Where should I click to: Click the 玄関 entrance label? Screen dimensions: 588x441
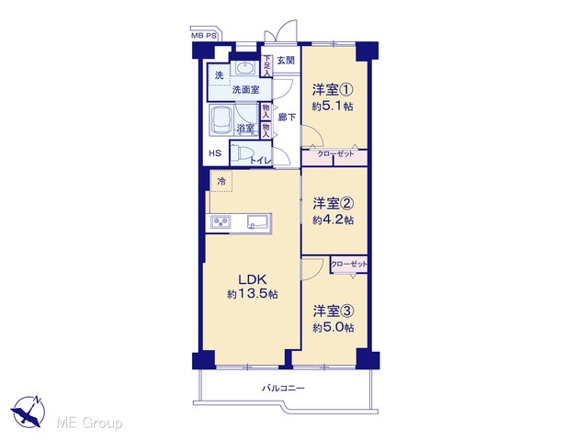pyautogui.click(x=286, y=61)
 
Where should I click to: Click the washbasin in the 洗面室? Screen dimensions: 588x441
pyautogui.click(x=245, y=68)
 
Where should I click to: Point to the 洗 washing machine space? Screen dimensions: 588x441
pyautogui.click(x=220, y=75)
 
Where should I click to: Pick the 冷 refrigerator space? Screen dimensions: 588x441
pyautogui.click(x=221, y=181)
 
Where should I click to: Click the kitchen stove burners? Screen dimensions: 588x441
pyautogui.click(x=221, y=222)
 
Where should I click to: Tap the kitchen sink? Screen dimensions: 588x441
pyautogui.click(x=259, y=221)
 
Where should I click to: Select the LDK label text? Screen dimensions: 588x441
pyautogui.click(x=253, y=279)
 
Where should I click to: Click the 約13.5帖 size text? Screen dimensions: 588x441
pyautogui.click(x=253, y=294)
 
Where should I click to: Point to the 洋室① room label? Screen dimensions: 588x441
pyautogui.click(x=333, y=90)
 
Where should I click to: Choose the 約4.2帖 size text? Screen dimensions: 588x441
pyautogui.click(x=333, y=220)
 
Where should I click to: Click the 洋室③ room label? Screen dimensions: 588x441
pyautogui.click(x=334, y=311)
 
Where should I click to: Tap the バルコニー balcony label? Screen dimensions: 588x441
pyautogui.click(x=283, y=388)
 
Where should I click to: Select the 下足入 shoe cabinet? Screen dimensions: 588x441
pyautogui.click(x=266, y=66)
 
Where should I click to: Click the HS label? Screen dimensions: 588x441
pyautogui.click(x=215, y=153)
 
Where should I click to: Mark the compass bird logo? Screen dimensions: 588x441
pyautogui.click(x=28, y=412)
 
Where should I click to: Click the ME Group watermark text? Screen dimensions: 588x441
pyautogui.click(x=89, y=424)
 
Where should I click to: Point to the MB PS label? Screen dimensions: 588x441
pyautogui.click(x=204, y=36)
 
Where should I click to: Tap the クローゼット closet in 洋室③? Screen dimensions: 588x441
pyautogui.click(x=349, y=265)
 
